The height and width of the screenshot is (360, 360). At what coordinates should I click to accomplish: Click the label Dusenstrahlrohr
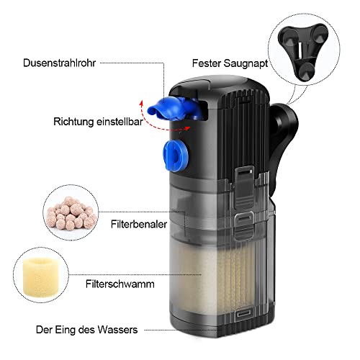59,63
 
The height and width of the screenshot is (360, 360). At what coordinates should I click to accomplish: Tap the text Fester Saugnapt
230,63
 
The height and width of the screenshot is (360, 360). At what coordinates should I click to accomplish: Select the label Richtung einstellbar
98,122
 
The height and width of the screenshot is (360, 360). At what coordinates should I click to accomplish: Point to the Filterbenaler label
139,224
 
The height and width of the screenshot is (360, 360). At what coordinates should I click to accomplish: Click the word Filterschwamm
120,284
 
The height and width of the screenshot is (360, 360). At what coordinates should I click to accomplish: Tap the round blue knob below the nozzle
176,156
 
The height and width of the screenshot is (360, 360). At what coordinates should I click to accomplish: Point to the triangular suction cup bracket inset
303,51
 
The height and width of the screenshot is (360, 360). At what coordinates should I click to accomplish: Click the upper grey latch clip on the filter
244,187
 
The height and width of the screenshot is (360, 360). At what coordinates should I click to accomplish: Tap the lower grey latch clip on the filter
244,225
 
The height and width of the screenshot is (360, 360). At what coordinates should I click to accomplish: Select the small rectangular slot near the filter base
243,313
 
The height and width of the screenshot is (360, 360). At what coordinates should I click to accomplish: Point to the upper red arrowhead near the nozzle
142,104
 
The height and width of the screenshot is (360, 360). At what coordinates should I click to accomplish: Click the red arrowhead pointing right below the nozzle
187,128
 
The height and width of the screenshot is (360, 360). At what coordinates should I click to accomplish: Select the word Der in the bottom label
44,330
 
